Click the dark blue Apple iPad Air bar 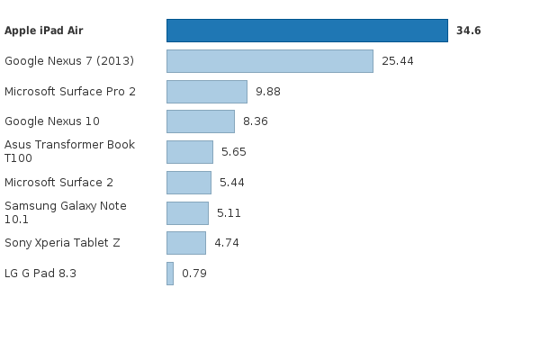pyautogui.click(x=307, y=31)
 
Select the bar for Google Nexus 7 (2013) pyautogui.click(x=269, y=61)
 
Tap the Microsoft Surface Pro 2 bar pyautogui.click(x=206, y=92)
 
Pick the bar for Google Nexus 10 pyautogui.click(x=200, y=121)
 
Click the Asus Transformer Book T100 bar pyautogui.click(x=189, y=152)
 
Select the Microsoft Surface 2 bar pyautogui.click(x=188, y=183)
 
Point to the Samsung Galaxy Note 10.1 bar pyautogui.click(x=187, y=213)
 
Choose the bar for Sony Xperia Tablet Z pyautogui.click(x=185, y=243)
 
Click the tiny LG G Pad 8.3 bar pyautogui.click(x=169, y=274)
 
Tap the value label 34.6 pyautogui.click(x=468, y=31)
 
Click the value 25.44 pyautogui.click(x=398, y=61)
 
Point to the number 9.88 pyautogui.click(x=271, y=92)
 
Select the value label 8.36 pyautogui.click(x=255, y=121)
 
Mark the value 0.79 pyautogui.click(x=193, y=274)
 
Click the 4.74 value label pyautogui.click(x=226, y=243)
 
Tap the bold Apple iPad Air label pyautogui.click(x=43, y=31)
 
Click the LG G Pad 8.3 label pyautogui.click(x=40, y=274)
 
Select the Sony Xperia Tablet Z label pyautogui.click(x=62, y=243)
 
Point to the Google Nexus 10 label pyautogui.click(x=52, y=121)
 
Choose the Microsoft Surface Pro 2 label pyautogui.click(x=70, y=92)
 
